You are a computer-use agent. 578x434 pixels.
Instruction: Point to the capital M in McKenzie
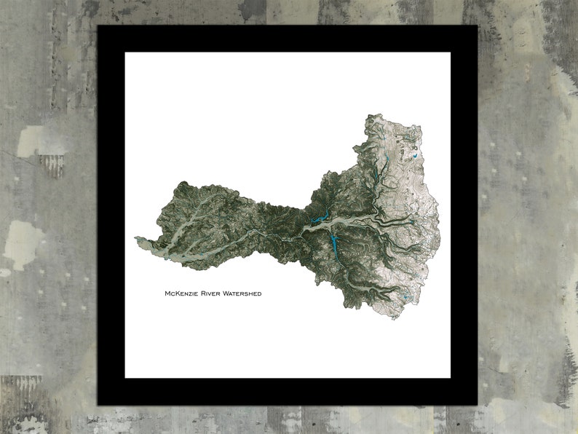[168, 293]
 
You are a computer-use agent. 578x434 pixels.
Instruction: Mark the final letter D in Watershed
[259, 293]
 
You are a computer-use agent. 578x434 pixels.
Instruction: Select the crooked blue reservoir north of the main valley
[320, 218]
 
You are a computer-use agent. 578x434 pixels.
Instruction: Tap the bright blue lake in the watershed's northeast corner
[414, 154]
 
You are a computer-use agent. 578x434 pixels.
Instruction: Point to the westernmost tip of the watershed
[135, 237]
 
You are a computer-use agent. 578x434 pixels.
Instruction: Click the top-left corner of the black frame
[98, 25]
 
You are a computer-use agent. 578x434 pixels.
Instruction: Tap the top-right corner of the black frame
[478, 25]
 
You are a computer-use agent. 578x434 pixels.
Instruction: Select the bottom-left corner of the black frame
[98, 405]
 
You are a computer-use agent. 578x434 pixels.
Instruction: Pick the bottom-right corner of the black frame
[478, 405]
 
